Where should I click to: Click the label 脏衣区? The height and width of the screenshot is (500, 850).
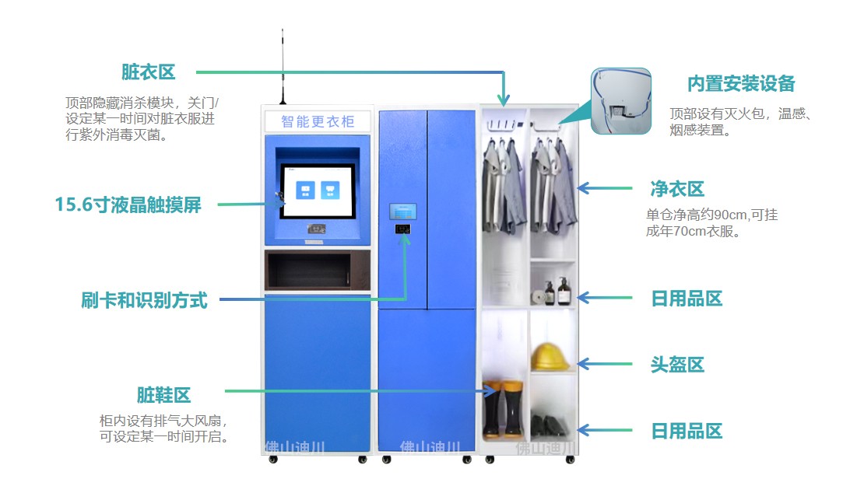pos(149,72)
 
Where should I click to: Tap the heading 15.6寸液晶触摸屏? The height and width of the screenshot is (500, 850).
pos(128,205)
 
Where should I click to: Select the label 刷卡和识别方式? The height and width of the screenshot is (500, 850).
pos(145,300)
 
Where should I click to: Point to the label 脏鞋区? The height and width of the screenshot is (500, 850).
pos(163,395)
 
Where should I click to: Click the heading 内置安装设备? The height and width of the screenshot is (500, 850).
pos(740,84)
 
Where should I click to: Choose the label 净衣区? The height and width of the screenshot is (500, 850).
pos(677,189)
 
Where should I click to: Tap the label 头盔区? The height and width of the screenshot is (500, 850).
pos(677,365)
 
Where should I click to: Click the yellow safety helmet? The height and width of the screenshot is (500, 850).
pos(550,356)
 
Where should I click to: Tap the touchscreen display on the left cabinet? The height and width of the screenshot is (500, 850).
pos(319,191)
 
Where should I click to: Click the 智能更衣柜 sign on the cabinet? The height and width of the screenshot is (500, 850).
pos(318,121)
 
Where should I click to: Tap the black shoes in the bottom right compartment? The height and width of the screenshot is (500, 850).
pos(550,426)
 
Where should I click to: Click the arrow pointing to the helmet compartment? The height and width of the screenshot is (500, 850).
pos(604,364)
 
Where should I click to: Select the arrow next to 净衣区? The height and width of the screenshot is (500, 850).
pos(604,188)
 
